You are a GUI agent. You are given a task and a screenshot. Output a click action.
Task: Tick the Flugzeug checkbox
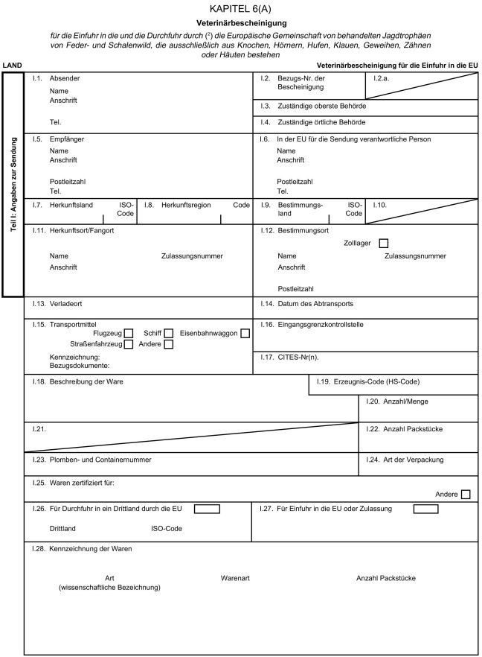click(x=129, y=333)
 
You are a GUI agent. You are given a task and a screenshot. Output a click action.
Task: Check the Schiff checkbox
click(x=169, y=333)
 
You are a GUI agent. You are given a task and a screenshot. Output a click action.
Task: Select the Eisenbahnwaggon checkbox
click(x=244, y=333)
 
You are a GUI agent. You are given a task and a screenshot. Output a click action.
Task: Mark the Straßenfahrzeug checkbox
click(x=129, y=344)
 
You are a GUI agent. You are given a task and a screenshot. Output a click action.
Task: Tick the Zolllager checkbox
click(x=383, y=243)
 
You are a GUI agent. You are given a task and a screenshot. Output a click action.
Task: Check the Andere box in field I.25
click(x=466, y=493)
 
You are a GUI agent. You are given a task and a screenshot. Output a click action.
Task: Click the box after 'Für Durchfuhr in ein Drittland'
click(x=207, y=509)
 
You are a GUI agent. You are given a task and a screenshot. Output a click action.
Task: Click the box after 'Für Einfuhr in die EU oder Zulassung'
click(x=425, y=509)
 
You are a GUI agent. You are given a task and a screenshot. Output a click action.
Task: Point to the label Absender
click(x=64, y=78)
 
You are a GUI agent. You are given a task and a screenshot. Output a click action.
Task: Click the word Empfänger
click(x=67, y=139)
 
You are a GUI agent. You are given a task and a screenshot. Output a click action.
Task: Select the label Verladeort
click(x=66, y=304)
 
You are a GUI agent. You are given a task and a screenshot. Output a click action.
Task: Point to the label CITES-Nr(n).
click(x=303, y=358)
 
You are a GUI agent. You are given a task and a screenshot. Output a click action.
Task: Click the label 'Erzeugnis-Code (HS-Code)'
click(x=379, y=382)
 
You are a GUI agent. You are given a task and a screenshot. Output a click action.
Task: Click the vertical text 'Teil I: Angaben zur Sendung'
click(x=13, y=185)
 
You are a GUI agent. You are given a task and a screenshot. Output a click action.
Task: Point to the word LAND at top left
click(x=12, y=66)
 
